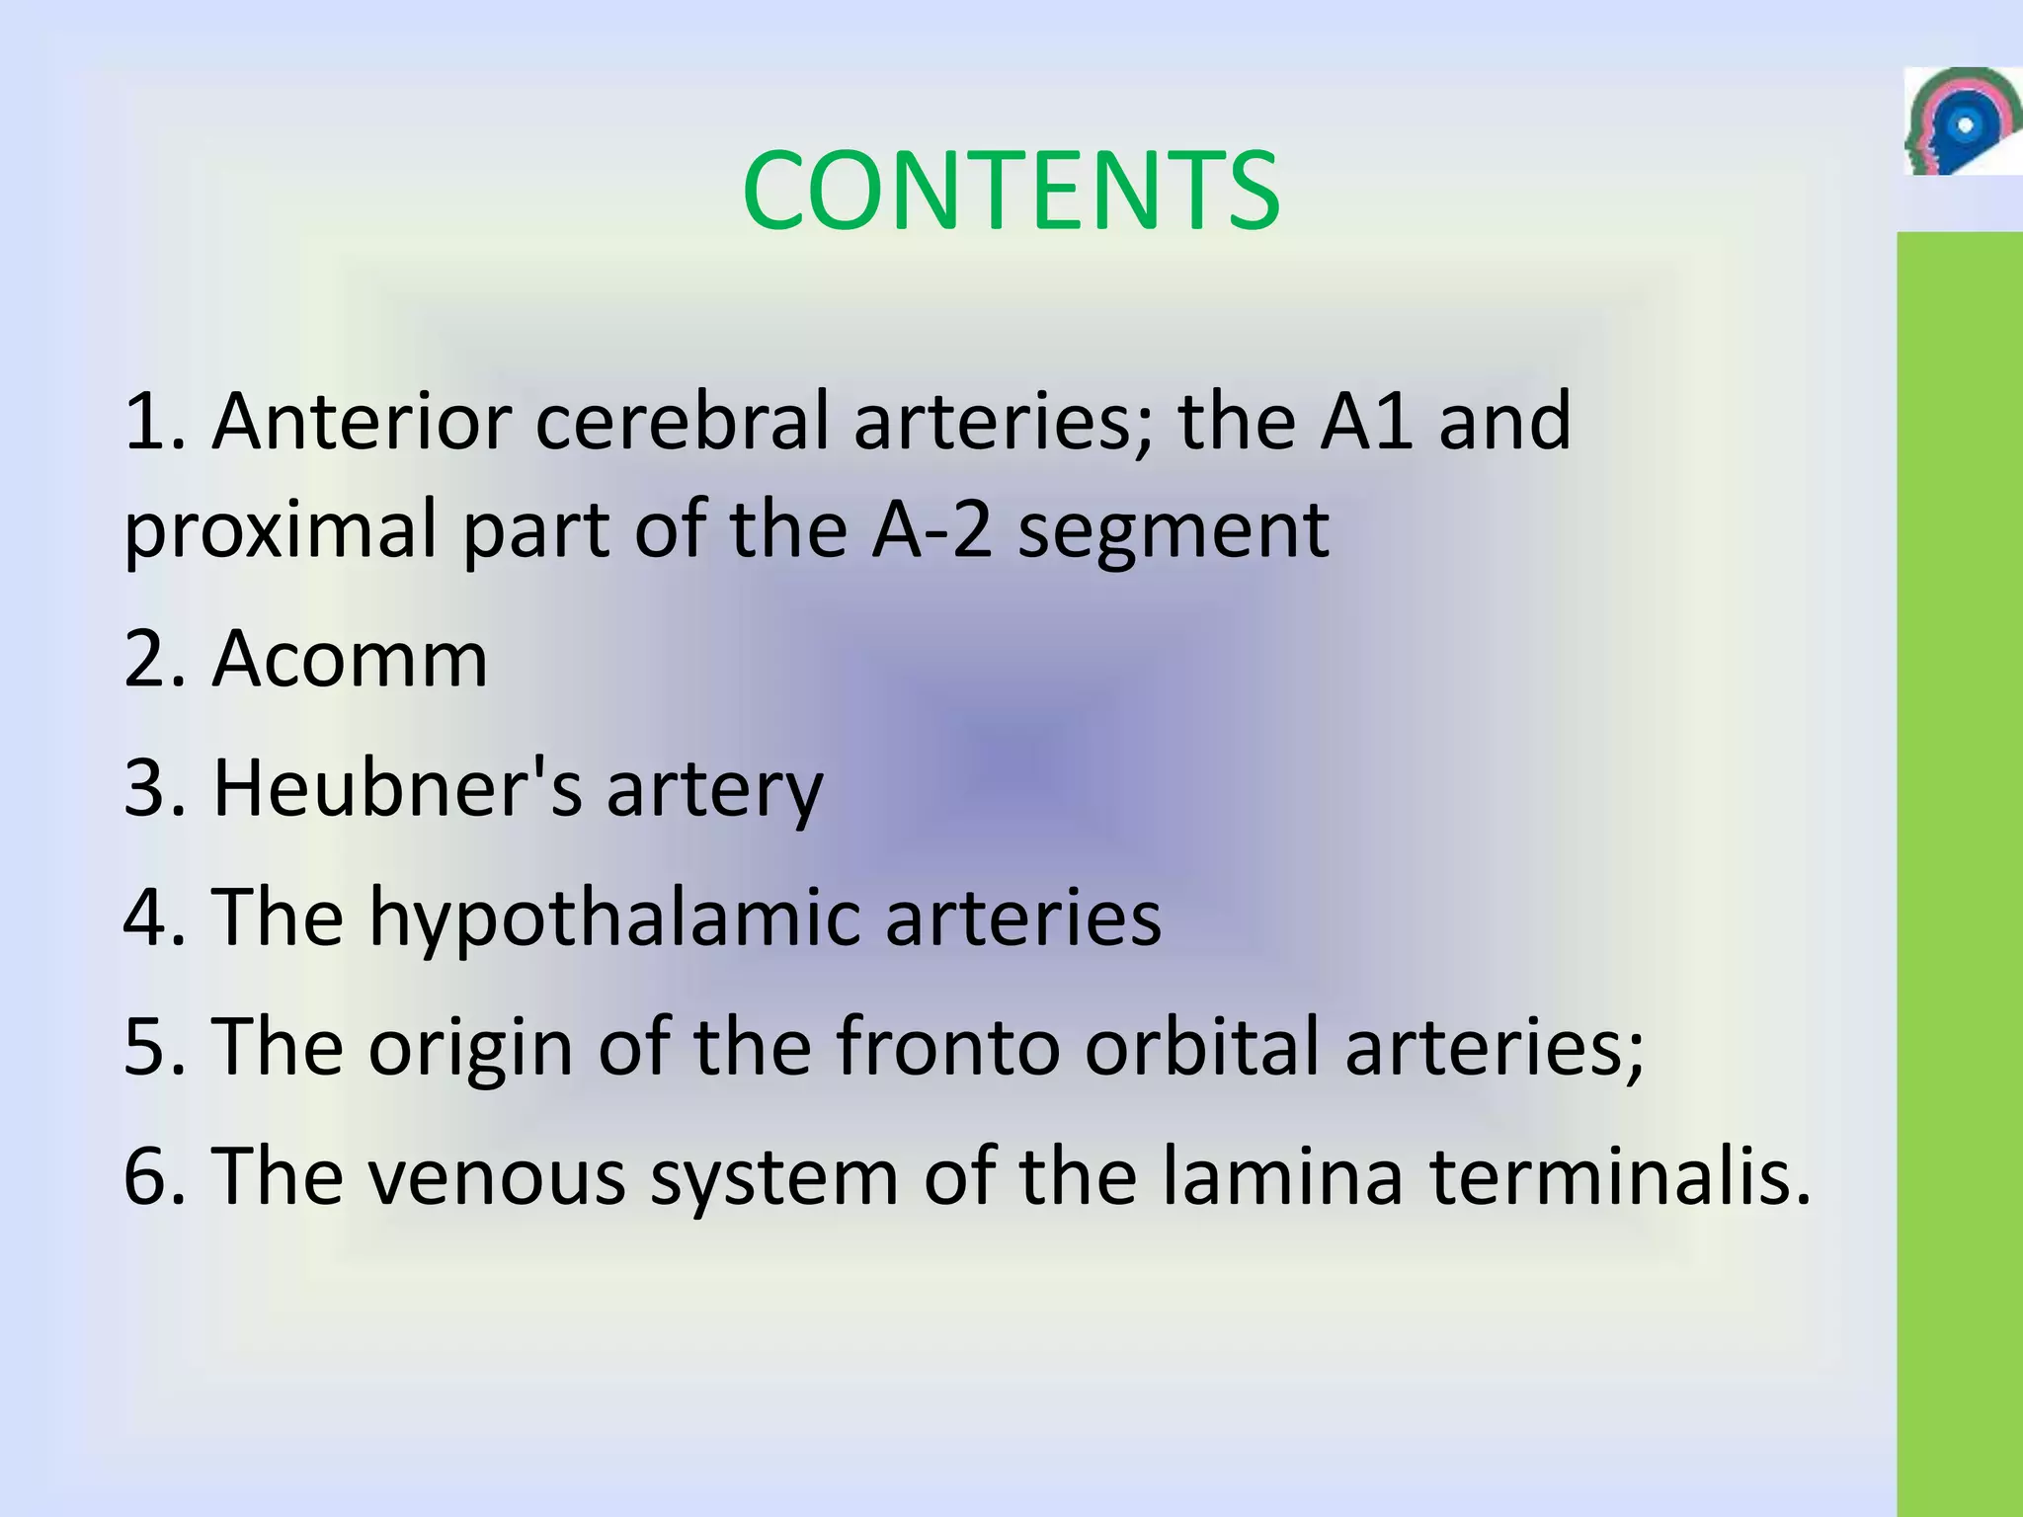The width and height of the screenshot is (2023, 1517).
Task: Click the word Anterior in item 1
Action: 362,421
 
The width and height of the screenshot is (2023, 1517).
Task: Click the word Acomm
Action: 351,659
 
